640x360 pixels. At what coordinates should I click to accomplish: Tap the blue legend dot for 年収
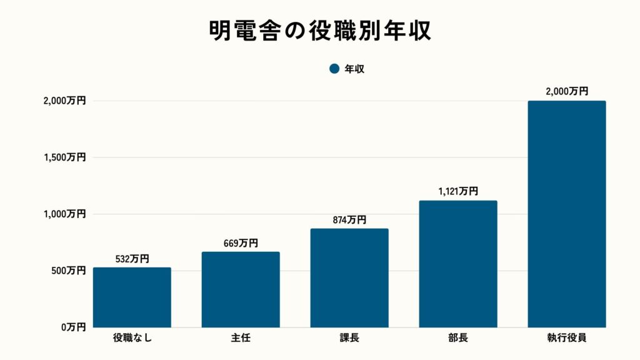(x=334, y=69)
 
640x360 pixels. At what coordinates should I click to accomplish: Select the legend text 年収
(x=354, y=69)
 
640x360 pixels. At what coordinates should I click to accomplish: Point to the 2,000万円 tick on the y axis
(x=64, y=101)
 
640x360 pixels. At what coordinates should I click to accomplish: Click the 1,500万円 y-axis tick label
(x=64, y=157)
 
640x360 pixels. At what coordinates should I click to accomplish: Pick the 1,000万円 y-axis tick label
(x=64, y=214)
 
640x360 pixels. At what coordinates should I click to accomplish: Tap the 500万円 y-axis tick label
(x=69, y=271)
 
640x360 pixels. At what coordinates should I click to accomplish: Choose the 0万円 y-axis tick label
(x=72, y=327)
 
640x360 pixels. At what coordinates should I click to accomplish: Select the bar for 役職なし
(x=132, y=297)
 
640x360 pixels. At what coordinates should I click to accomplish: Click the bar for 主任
(x=241, y=289)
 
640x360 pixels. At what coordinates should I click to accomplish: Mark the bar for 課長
(x=349, y=278)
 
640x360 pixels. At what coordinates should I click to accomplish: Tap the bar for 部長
(x=458, y=264)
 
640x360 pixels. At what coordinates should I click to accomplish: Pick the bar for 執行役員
(x=567, y=214)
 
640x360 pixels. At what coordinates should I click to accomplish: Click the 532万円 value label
(x=132, y=259)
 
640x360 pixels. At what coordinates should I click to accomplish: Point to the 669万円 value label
(x=241, y=243)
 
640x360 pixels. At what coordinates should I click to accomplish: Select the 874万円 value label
(x=349, y=220)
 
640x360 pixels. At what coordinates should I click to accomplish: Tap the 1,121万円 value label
(x=458, y=192)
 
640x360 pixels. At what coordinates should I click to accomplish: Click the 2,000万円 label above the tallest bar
(x=567, y=91)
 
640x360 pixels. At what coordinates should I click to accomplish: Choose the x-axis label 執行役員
(x=567, y=339)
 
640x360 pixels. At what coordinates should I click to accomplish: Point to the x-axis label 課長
(x=349, y=339)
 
